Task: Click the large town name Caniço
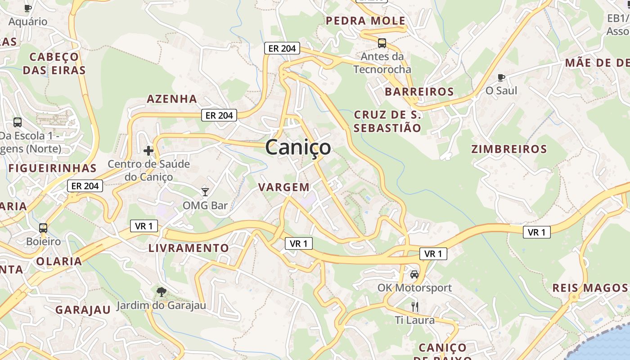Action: tap(298, 147)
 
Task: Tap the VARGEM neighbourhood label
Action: tap(284, 187)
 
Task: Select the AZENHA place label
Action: tap(172, 99)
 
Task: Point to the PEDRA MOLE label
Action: tap(365, 21)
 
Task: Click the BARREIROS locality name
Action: tap(419, 92)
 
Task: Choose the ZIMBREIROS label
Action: tap(509, 149)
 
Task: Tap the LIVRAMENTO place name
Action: tap(189, 248)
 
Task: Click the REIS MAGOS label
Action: tap(589, 288)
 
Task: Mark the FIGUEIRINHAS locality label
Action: tap(52, 168)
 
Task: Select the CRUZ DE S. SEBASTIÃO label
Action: tap(387, 121)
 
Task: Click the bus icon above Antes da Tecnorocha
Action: tap(382, 43)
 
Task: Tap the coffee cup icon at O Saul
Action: tap(501, 77)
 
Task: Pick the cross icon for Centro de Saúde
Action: tap(148, 151)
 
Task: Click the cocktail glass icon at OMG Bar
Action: tap(205, 192)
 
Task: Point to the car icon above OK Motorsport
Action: tap(414, 274)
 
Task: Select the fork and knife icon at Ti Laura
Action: tap(415, 307)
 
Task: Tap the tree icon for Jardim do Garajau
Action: tap(161, 292)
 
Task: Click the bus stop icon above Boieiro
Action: tap(43, 228)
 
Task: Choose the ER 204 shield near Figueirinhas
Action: tap(85, 185)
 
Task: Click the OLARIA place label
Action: tap(59, 261)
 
